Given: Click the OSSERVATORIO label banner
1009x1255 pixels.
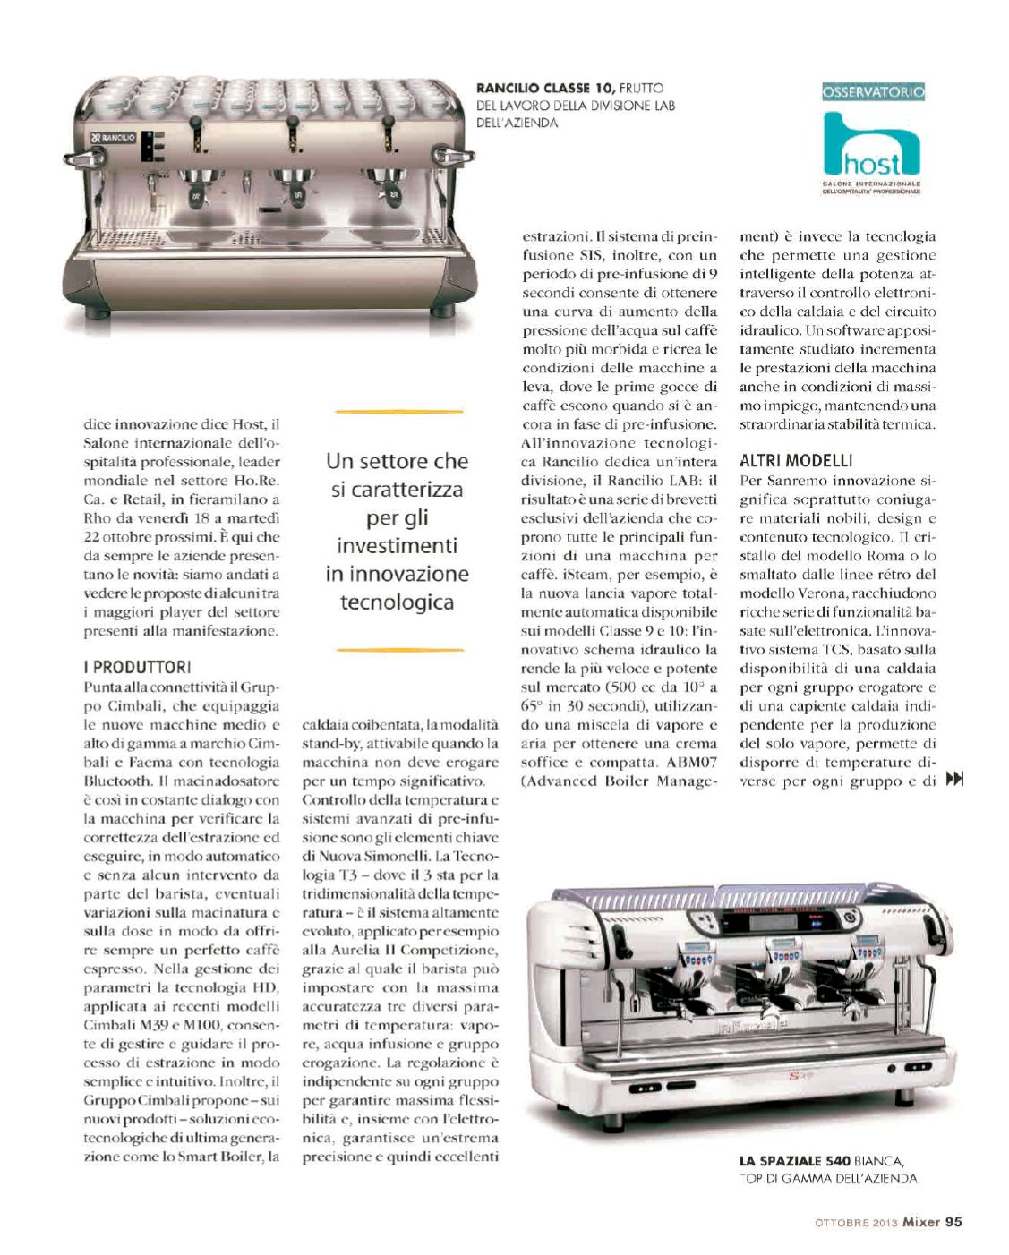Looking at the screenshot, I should pyautogui.click(x=873, y=91).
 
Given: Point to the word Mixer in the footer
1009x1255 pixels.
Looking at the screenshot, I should pyautogui.click(x=919, y=1220).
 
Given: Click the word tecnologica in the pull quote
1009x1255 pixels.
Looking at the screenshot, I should pyautogui.click(x=396, y=602).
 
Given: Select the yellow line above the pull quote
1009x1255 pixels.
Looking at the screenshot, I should pyautogui.click(x=397, y=412).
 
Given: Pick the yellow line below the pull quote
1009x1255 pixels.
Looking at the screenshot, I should pyautogui.click(x=397, y=649).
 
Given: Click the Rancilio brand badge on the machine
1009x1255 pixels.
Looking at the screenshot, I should pyautogui.click(x=113, y=138).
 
